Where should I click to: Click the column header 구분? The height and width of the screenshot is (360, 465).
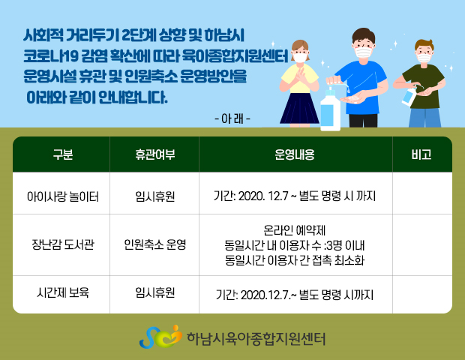tap(63, 154)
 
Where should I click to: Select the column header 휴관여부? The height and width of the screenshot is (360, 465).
tap(154, 154)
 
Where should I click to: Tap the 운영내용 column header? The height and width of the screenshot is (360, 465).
tap(295, 154)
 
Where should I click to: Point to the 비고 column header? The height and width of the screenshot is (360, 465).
tap(421, 154)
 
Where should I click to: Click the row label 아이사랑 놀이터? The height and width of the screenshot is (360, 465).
tap(63, 196)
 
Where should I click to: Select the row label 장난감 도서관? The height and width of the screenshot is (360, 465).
tap(63, 244)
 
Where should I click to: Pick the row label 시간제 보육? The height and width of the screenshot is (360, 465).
tap(63, 292)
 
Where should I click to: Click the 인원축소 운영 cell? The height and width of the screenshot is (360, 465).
tap(154, 244)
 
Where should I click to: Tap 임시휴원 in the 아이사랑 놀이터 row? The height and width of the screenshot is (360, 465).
tap(154, 196)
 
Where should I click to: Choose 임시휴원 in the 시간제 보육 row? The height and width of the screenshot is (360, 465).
tap(154, 292)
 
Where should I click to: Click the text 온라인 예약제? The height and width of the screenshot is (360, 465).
tap(295, 230)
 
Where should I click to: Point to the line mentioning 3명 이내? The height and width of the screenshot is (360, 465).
tap(295, 245)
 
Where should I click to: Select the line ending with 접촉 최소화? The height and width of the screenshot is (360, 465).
tap(295, 260)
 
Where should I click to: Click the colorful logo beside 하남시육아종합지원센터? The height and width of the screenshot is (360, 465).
tap(160, 337)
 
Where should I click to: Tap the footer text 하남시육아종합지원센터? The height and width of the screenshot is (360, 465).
tap(256, 339)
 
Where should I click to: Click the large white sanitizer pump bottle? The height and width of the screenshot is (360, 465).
tap(330, 109)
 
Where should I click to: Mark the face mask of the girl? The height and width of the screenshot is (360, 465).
tap(300, 57)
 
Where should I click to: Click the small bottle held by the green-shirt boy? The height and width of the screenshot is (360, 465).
tap(409, 95)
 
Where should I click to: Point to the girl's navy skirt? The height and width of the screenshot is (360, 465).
tap(299, 108)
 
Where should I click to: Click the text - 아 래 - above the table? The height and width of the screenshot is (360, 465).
tap(232, 119)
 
